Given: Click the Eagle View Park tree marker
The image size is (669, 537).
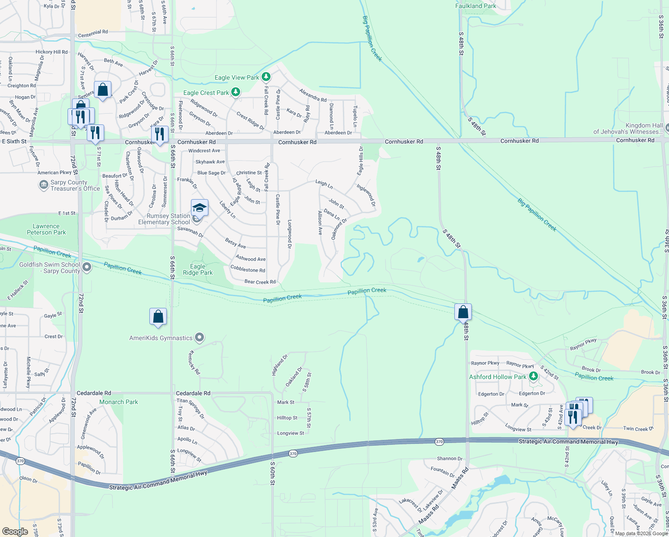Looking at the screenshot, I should (x=266, y=77).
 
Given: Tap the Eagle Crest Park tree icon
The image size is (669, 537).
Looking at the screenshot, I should (x=235, y=93).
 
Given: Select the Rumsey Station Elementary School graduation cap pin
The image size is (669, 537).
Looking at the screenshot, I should (x=199, y=208).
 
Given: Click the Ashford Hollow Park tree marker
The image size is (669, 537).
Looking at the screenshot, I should (x=533, y=377).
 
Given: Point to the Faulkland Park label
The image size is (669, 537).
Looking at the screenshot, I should (x=475, y=6).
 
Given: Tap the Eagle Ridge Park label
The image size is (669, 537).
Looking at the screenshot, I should (x=198, y=269).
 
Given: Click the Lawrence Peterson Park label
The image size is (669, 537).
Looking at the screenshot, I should (x=46, y=229).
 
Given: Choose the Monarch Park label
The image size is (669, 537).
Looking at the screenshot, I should (x=119, y=402).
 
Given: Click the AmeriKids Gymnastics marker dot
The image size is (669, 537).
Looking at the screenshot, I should (x=199, y=338).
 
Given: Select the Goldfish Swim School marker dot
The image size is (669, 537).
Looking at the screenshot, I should (x=87, y=268).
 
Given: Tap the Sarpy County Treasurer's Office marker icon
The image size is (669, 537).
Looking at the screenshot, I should (x=43, y=185).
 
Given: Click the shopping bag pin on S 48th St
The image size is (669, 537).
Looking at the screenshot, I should (x=463, y=312).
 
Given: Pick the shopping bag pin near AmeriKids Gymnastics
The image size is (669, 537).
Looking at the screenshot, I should (x=158, y=316).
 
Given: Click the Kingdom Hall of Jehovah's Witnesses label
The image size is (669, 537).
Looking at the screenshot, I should (x=628, y=128).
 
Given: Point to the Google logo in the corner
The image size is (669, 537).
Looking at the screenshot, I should (x=15, y=531).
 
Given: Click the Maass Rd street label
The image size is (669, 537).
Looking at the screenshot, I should (x=460, y=478).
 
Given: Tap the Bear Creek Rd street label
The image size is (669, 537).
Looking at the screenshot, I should (x=260, y=282).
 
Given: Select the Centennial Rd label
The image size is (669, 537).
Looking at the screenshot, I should (x=93, y=34).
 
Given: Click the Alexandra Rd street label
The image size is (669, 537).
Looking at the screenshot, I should (x=313, y=95).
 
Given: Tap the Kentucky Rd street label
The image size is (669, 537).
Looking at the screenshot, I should (x=194, y=362).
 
